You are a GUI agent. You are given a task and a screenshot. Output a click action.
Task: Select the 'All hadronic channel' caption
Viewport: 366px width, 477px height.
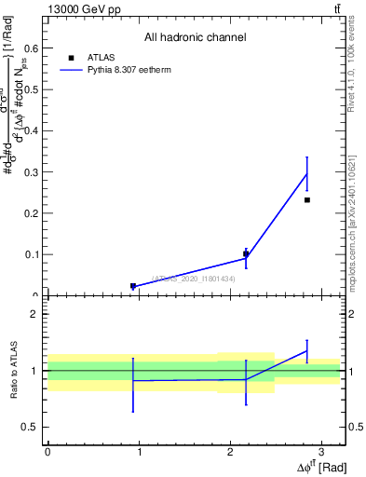pos(195,37)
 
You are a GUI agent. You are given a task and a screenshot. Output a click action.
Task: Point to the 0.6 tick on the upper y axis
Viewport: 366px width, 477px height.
pos(34,49)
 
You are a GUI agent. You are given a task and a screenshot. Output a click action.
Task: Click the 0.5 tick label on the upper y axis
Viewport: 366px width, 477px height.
pos(34,90)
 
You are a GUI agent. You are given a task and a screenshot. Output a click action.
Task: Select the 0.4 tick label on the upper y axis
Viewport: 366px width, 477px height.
pos(34,131)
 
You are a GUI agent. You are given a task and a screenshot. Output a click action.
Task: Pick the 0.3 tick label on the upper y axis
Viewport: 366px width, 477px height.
pos(34,172)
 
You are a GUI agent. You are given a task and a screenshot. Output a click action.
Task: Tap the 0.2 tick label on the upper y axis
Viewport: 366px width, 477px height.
pos(34,213)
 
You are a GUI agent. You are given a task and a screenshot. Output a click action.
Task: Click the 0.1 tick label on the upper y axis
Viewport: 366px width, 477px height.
pos(34,254)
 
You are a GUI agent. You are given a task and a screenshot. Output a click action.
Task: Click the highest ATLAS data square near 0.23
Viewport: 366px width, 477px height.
pos(307,200)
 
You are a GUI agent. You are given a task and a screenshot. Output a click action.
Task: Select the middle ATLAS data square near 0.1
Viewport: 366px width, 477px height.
pos(246,253)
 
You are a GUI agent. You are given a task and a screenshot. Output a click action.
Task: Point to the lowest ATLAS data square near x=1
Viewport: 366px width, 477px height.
pos(133,286)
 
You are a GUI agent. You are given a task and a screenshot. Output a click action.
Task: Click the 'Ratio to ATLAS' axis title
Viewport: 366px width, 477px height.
pos(13,370)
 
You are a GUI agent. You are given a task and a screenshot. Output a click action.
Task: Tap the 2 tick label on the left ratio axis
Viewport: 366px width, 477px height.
pos(35,314)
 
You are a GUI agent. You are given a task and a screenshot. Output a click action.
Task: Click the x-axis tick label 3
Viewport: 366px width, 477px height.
pos(320,451)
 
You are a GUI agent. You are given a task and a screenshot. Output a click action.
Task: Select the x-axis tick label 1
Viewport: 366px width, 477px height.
pos(138,451)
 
